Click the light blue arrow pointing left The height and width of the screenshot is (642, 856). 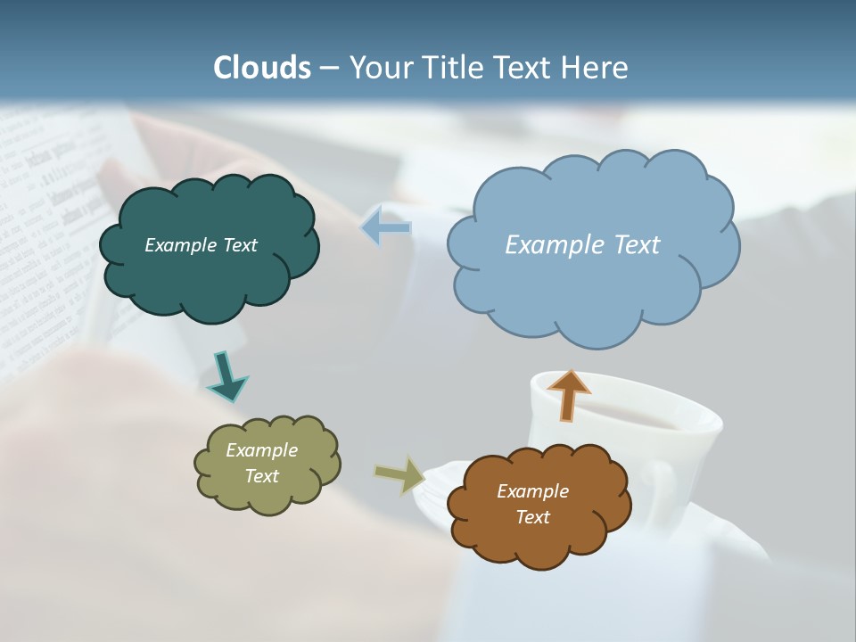pyautogui.click(x=386, y=228)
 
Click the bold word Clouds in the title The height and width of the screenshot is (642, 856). pyautogui.click(x=262, y=68)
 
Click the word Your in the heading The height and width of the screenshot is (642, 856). pyautogui.click(x=375, y=68)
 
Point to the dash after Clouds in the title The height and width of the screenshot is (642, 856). pyautogui.click(x=329, y=68)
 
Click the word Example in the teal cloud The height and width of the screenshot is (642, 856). pyautogui.click(x=177, y=245)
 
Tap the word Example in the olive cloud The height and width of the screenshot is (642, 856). pyautogui.click(x=262, y=450)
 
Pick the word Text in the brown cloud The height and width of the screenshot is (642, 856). pyautogui.click(x=532, y=517)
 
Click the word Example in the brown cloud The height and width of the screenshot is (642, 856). pyautogui.click(x=532, y=491)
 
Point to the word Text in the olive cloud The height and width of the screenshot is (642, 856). pyautogui.click(x=262, y=476)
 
